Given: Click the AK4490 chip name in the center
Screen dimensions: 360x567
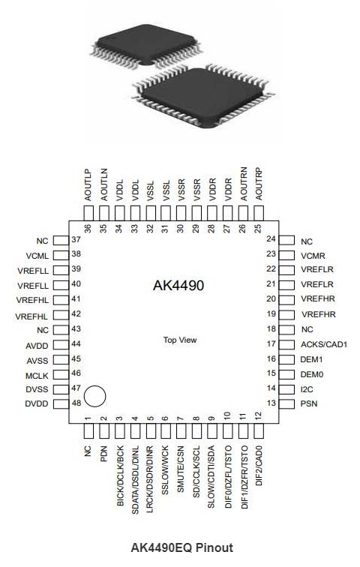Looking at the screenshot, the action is point(178,285).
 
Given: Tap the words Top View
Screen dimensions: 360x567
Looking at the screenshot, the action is point(180,340).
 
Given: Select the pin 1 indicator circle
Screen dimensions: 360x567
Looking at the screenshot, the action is point(94,396).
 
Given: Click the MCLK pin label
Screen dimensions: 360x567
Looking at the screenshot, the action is point(37,376).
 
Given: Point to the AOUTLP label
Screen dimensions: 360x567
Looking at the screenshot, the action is point(88,184).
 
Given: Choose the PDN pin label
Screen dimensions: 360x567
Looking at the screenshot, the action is point(103,454).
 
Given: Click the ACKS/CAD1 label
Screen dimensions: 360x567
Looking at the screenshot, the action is point(324,344).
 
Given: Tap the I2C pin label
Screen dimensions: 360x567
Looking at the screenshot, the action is point(307,389).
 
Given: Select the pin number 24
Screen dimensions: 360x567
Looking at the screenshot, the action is point(271,238).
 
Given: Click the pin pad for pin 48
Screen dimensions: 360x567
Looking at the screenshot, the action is point(61,404).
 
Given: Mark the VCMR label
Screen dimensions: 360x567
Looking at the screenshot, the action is point(313,256).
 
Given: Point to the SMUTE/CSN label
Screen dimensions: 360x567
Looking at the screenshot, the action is point(180,469).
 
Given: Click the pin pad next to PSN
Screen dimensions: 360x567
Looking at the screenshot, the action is point(286,404).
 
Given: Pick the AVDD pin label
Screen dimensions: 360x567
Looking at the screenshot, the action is point(37,346).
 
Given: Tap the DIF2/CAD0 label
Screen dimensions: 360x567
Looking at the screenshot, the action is point(259,466).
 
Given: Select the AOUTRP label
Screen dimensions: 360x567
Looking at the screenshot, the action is point(259,184).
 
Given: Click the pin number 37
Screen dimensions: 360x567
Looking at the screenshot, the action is point(76,239).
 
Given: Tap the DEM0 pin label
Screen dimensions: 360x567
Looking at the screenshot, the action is point(312,375).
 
